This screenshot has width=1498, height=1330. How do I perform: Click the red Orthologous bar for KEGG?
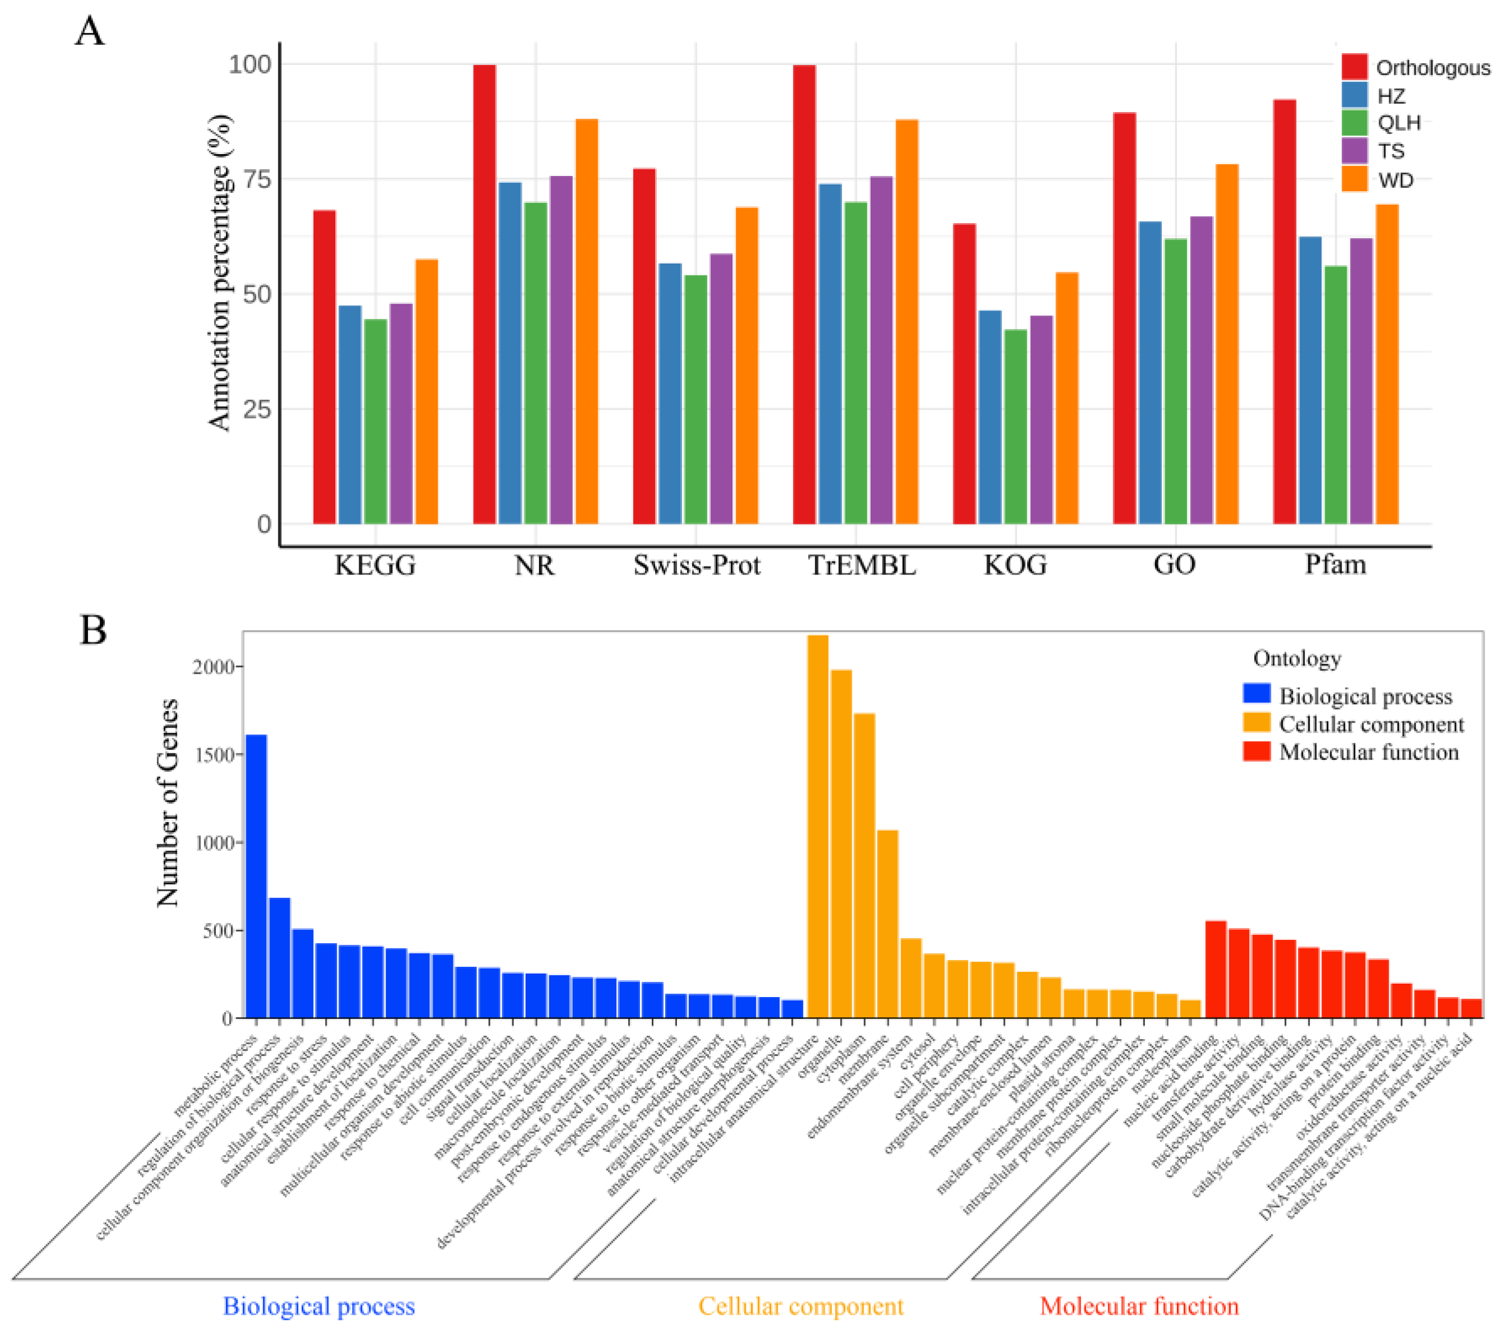[324, 367]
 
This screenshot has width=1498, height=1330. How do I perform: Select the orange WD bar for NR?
[586, 322]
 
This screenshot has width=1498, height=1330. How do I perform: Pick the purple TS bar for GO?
[1201, 370]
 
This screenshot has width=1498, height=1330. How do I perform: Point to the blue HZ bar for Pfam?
[1310, 381]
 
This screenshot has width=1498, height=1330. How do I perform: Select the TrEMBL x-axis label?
[862, 565]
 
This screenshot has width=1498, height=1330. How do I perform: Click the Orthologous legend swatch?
[1355, 67]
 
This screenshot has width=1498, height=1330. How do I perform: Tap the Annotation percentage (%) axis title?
[219, 272]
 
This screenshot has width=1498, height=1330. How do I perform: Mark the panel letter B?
[92, 629]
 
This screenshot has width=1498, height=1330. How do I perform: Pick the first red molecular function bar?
[1216, 968]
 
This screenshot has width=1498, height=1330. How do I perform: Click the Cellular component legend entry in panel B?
[1370, 725]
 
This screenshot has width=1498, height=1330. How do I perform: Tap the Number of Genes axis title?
[168, 803]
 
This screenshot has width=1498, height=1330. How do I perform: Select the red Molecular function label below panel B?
[1139, 1306]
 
